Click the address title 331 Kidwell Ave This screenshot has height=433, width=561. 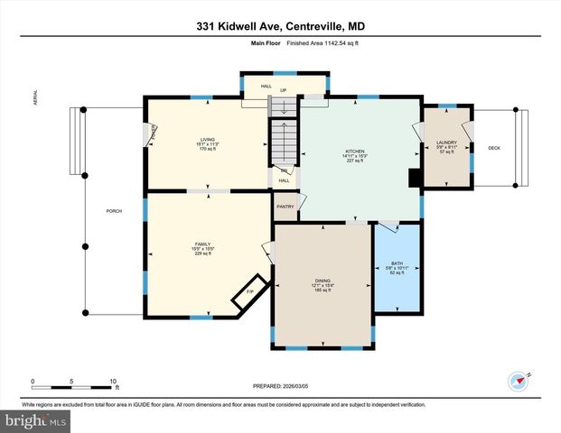(279, 26)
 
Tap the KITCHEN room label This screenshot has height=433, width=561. (355, 151)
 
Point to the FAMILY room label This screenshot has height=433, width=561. (202, 244)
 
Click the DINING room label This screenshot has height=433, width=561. (323, 281)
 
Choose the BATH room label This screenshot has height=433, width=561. (397, 263)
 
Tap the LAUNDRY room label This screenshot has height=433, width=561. (446, 143)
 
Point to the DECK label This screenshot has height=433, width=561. (494, 148)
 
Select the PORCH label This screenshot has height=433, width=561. (114, 211)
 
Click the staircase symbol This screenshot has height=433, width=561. (284, 144)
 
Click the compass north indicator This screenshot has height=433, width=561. (519, 380)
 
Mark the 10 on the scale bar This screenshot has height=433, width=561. (114, 382)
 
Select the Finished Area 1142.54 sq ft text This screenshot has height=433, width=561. (313, 42)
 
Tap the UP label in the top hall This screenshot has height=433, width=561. (284, 90)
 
